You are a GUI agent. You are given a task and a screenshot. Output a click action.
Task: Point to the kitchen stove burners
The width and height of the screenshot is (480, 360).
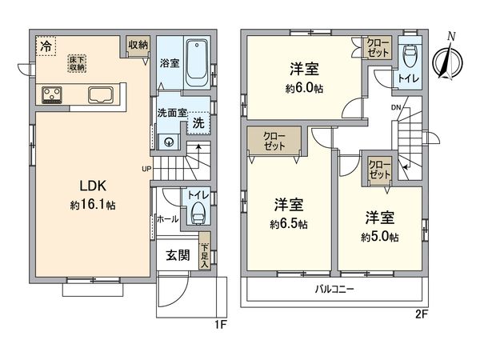tap(52, 96)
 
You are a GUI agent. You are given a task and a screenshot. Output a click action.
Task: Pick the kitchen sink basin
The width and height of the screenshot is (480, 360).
tap(102, 95)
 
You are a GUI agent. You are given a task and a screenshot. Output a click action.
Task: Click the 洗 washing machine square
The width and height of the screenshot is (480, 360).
tap(198, 124)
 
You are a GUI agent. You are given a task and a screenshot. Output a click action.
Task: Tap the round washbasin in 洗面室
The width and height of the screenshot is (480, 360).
tap(169, 142)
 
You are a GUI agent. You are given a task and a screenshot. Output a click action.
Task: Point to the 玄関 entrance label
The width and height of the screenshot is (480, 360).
tap(178, 256)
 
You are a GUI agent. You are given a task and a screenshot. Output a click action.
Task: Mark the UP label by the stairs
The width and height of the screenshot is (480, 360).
tap(146, 169)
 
